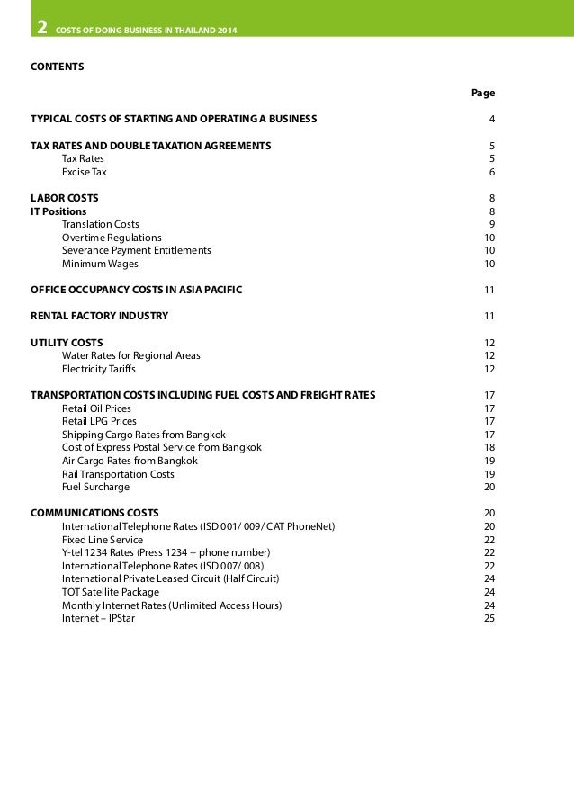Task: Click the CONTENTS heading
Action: coord(58,67)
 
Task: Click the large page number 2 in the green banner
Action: coord(41,28)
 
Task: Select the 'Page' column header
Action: coord(483,93)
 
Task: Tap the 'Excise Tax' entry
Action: coord(84,171)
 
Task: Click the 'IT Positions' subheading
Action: coord(58,211)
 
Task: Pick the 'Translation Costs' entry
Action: coord(100,224)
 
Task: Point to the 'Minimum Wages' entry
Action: coord(94,264)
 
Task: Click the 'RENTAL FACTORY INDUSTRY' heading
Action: coord(99,316)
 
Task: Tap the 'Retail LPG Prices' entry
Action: coord(99,421)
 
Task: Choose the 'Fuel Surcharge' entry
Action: coord(95,487)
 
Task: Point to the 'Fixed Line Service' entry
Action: coord(102,540)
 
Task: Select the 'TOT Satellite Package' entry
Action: coord(110,592)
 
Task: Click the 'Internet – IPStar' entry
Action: coord(98,618)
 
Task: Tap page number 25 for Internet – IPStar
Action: coord(489,618)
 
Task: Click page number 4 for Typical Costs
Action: coord(491,119)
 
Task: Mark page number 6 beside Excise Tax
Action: coord(491,171)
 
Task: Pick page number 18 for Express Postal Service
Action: coord(489,447)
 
